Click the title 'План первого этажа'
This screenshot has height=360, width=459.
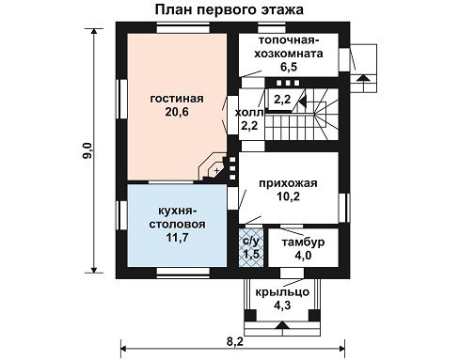click(229, 9)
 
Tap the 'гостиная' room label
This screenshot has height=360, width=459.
click(177, 99)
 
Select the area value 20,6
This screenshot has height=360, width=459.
click(177, 112)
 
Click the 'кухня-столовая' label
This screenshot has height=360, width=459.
click(177, 217)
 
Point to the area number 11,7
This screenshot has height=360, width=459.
click(177, 238)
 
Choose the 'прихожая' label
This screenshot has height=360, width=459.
click(288, 183)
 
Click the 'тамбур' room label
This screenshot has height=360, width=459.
click(303, 243)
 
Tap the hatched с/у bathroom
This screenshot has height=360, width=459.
click(251, 247)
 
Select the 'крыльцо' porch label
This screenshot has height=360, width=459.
click(282, 292)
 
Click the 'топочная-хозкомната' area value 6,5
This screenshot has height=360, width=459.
click(289, 67)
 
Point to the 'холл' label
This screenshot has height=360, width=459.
click(249, 113)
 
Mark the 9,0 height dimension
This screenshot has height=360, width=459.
click(87, 150)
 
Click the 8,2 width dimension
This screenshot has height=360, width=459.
click(235, 341)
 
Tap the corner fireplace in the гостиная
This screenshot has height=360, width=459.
click(214, 168)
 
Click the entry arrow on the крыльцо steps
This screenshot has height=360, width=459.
click(283, 324)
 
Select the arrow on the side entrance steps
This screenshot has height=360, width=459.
click(363, 78)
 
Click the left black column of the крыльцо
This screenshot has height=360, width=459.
click(250, 315)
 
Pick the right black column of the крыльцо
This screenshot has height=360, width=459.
click(314, 315)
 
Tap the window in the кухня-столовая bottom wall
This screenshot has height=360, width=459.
click(183, 273)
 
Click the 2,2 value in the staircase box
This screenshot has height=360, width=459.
click(282, 100)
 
